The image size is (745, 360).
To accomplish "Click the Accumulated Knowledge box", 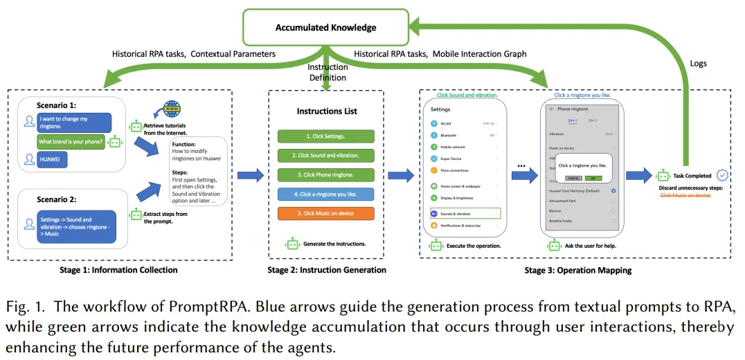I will coord(325,28).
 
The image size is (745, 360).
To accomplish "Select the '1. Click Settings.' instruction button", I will coord(325,136).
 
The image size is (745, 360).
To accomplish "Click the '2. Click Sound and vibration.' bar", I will coord(325,156).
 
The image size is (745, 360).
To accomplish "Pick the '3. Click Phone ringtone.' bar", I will coord(325,174).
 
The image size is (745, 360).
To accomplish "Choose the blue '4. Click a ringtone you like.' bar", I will coord(325,194).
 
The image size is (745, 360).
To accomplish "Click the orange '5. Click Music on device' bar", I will coord(325,213).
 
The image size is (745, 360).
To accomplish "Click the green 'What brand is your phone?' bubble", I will coord(71,142).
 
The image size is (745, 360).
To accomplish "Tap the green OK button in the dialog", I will coord(592,178).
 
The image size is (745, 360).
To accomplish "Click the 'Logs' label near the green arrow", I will coord(699,63).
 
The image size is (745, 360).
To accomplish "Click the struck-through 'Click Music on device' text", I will coord(685,195).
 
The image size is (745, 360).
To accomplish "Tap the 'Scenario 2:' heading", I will coord(60,199).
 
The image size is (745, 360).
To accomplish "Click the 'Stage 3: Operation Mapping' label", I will coord(577,271).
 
